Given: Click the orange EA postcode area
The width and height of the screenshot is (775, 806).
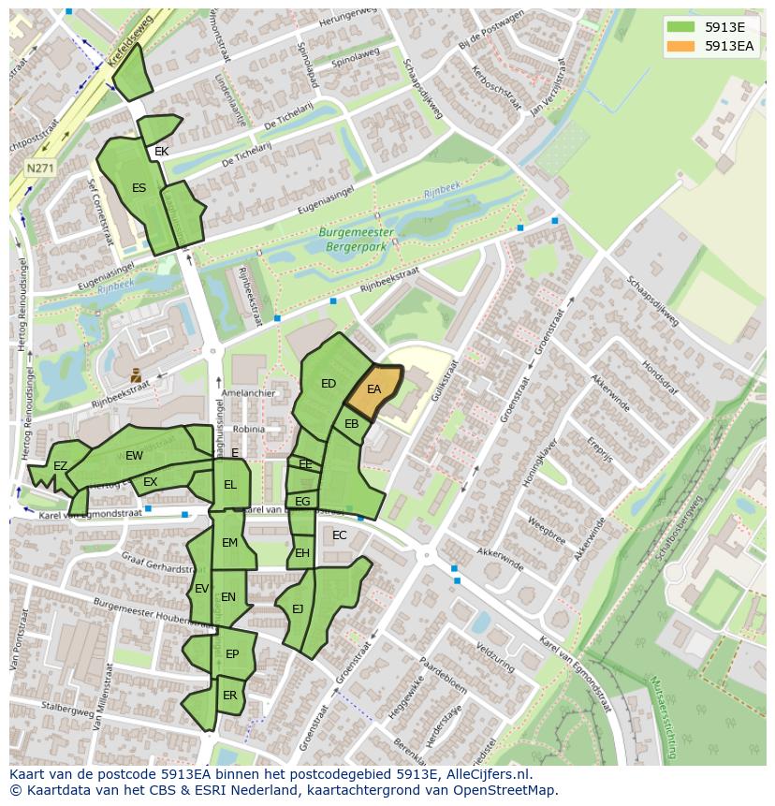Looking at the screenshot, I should [x=373, y=390].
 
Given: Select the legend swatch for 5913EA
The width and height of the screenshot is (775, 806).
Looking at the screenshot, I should [x=680, y=46].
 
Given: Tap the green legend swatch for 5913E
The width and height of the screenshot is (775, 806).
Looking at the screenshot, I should [x=680, y=26].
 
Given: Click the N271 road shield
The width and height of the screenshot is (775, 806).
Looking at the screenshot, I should [x=39, y=169].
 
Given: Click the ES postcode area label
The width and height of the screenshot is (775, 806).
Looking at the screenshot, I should [x=139, y=188].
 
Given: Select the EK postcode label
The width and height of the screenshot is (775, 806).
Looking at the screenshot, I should [x=162, y=152].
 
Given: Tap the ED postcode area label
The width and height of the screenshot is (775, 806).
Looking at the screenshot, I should [x=329, y=384].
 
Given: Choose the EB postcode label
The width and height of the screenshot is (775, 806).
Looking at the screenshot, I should [x=352, y=424].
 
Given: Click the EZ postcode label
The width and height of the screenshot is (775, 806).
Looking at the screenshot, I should [x=60, y=466].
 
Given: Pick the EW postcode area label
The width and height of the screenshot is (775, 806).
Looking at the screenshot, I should [x=134, y=456].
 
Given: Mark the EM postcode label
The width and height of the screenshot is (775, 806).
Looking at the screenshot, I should [x=229, y=543].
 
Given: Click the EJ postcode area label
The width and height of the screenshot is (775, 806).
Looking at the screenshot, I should [x=298, y=609].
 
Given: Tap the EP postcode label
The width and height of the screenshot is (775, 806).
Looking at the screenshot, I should [x=232, y=654].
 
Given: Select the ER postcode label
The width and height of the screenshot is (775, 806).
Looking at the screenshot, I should [x=230, y=696].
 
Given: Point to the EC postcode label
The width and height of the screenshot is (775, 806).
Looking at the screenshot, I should [x=340, y=535].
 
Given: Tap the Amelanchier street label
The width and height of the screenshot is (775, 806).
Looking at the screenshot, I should [x=249, y=394].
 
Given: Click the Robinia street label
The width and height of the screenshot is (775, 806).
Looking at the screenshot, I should [x=249, y=429].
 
